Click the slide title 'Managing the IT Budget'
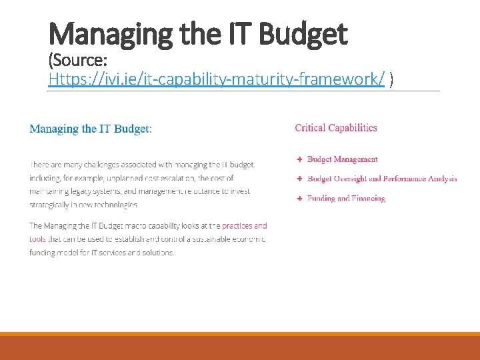[198, 33]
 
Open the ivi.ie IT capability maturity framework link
[217, 80]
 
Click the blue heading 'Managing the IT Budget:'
[91, 129]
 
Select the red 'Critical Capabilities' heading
[336, 128]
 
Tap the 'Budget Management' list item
[342, 159]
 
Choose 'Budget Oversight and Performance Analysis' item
[382, 179]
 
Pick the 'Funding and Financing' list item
[346, 198]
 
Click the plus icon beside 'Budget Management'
[299, 159]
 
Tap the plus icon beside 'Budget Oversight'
[299, 179]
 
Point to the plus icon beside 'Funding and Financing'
[299, 198]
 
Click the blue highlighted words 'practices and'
[244, 226]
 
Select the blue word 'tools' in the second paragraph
[37, 239]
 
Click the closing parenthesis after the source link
[391, 80]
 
